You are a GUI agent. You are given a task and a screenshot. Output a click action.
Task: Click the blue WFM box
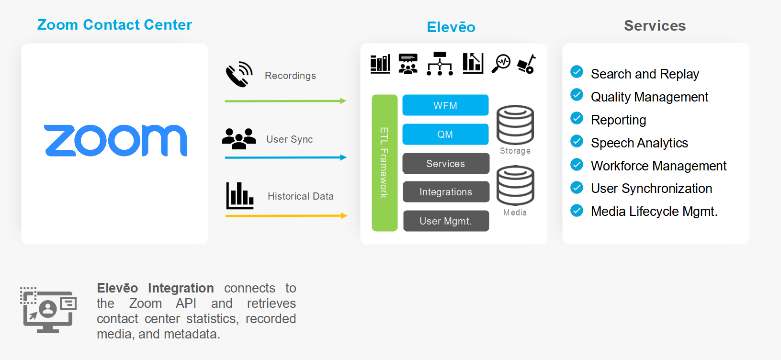coord(445,105)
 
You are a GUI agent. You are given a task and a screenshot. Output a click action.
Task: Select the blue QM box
coord(445,135)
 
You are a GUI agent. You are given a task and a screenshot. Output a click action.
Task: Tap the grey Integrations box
coord(446,192)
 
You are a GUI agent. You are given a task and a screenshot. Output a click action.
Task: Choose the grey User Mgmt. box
coord(446,221)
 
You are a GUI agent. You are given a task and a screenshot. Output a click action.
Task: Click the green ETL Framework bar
coord(385,163)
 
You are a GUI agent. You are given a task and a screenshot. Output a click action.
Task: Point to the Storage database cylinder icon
coord(515,124)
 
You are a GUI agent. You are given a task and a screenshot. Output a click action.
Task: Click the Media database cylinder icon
coord(515,185)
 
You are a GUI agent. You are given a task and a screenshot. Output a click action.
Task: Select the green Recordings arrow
coord(285,101)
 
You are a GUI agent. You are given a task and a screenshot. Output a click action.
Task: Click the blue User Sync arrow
coord(285,157)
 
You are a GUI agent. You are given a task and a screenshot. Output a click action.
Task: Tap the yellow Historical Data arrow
coord(285,216)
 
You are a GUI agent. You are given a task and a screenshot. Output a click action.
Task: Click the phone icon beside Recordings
coord(239,74)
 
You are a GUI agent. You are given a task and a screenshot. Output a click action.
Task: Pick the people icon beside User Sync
coord(239,139)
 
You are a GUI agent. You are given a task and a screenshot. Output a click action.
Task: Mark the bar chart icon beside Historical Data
coord(240,196)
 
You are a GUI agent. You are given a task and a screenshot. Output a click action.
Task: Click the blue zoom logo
coord(115,141)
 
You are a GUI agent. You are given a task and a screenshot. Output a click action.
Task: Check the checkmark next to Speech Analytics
coord(577,141)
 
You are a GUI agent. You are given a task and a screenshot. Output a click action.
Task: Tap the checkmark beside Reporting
coord(577,118)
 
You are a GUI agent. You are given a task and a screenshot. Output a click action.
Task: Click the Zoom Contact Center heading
coord(114,25)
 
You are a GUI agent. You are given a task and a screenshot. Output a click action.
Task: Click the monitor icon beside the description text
coord(48,310)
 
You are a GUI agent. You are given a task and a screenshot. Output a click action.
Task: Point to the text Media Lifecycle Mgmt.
coord(654,211)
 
